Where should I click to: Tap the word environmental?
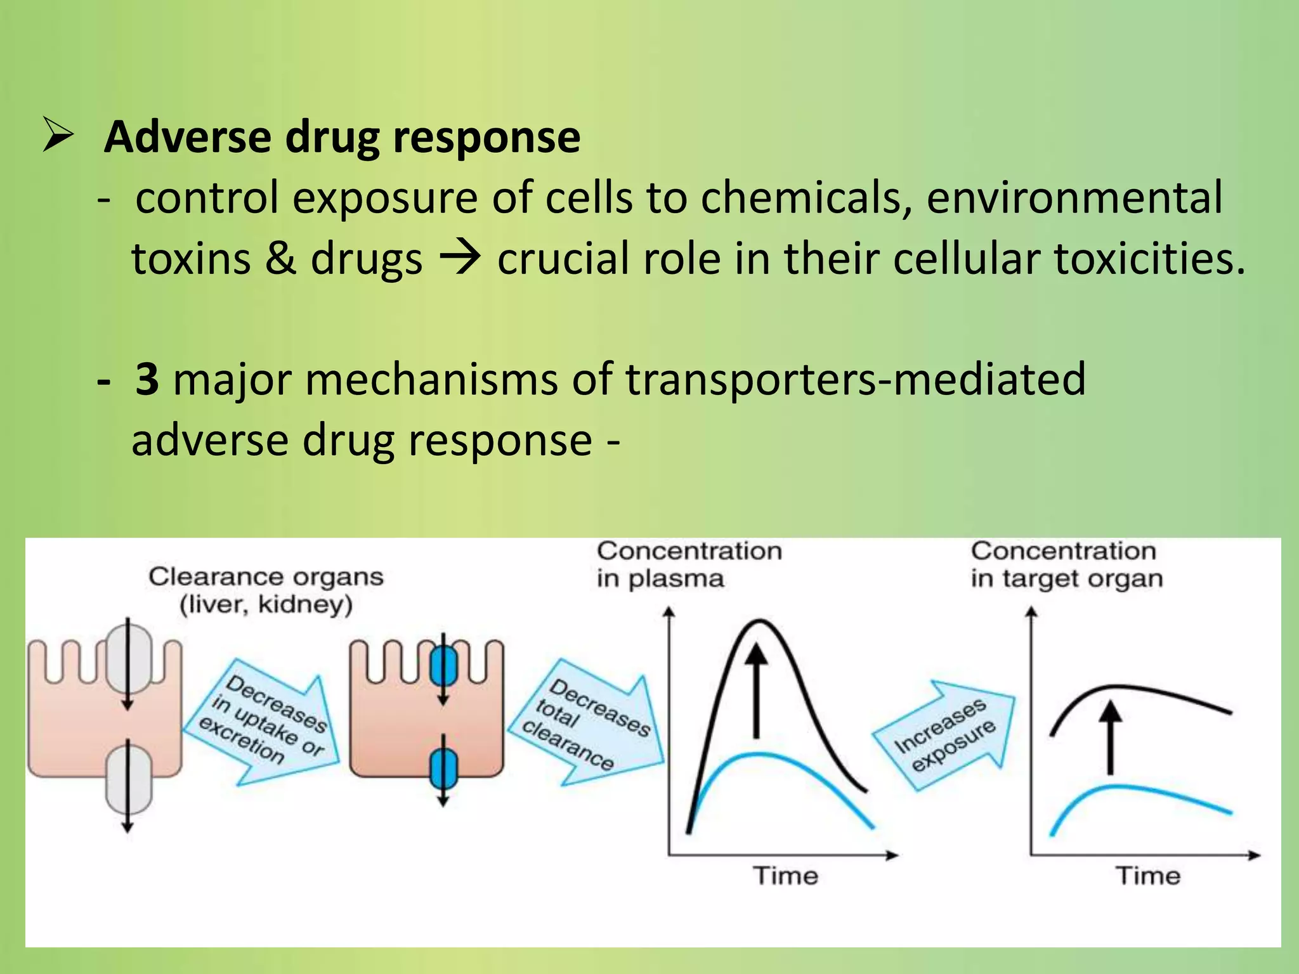[x=1074, y=197]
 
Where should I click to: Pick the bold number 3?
[x=147, y=379]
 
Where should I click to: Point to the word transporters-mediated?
[x=855, y=379]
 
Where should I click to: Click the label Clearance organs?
[x=266, y=577]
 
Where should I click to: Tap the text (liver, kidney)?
[x=266, y=604]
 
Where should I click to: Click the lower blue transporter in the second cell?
[x=443, y=767]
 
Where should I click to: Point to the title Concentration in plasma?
[x=689, y=564]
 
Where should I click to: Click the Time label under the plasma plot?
[x=785, y=876]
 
